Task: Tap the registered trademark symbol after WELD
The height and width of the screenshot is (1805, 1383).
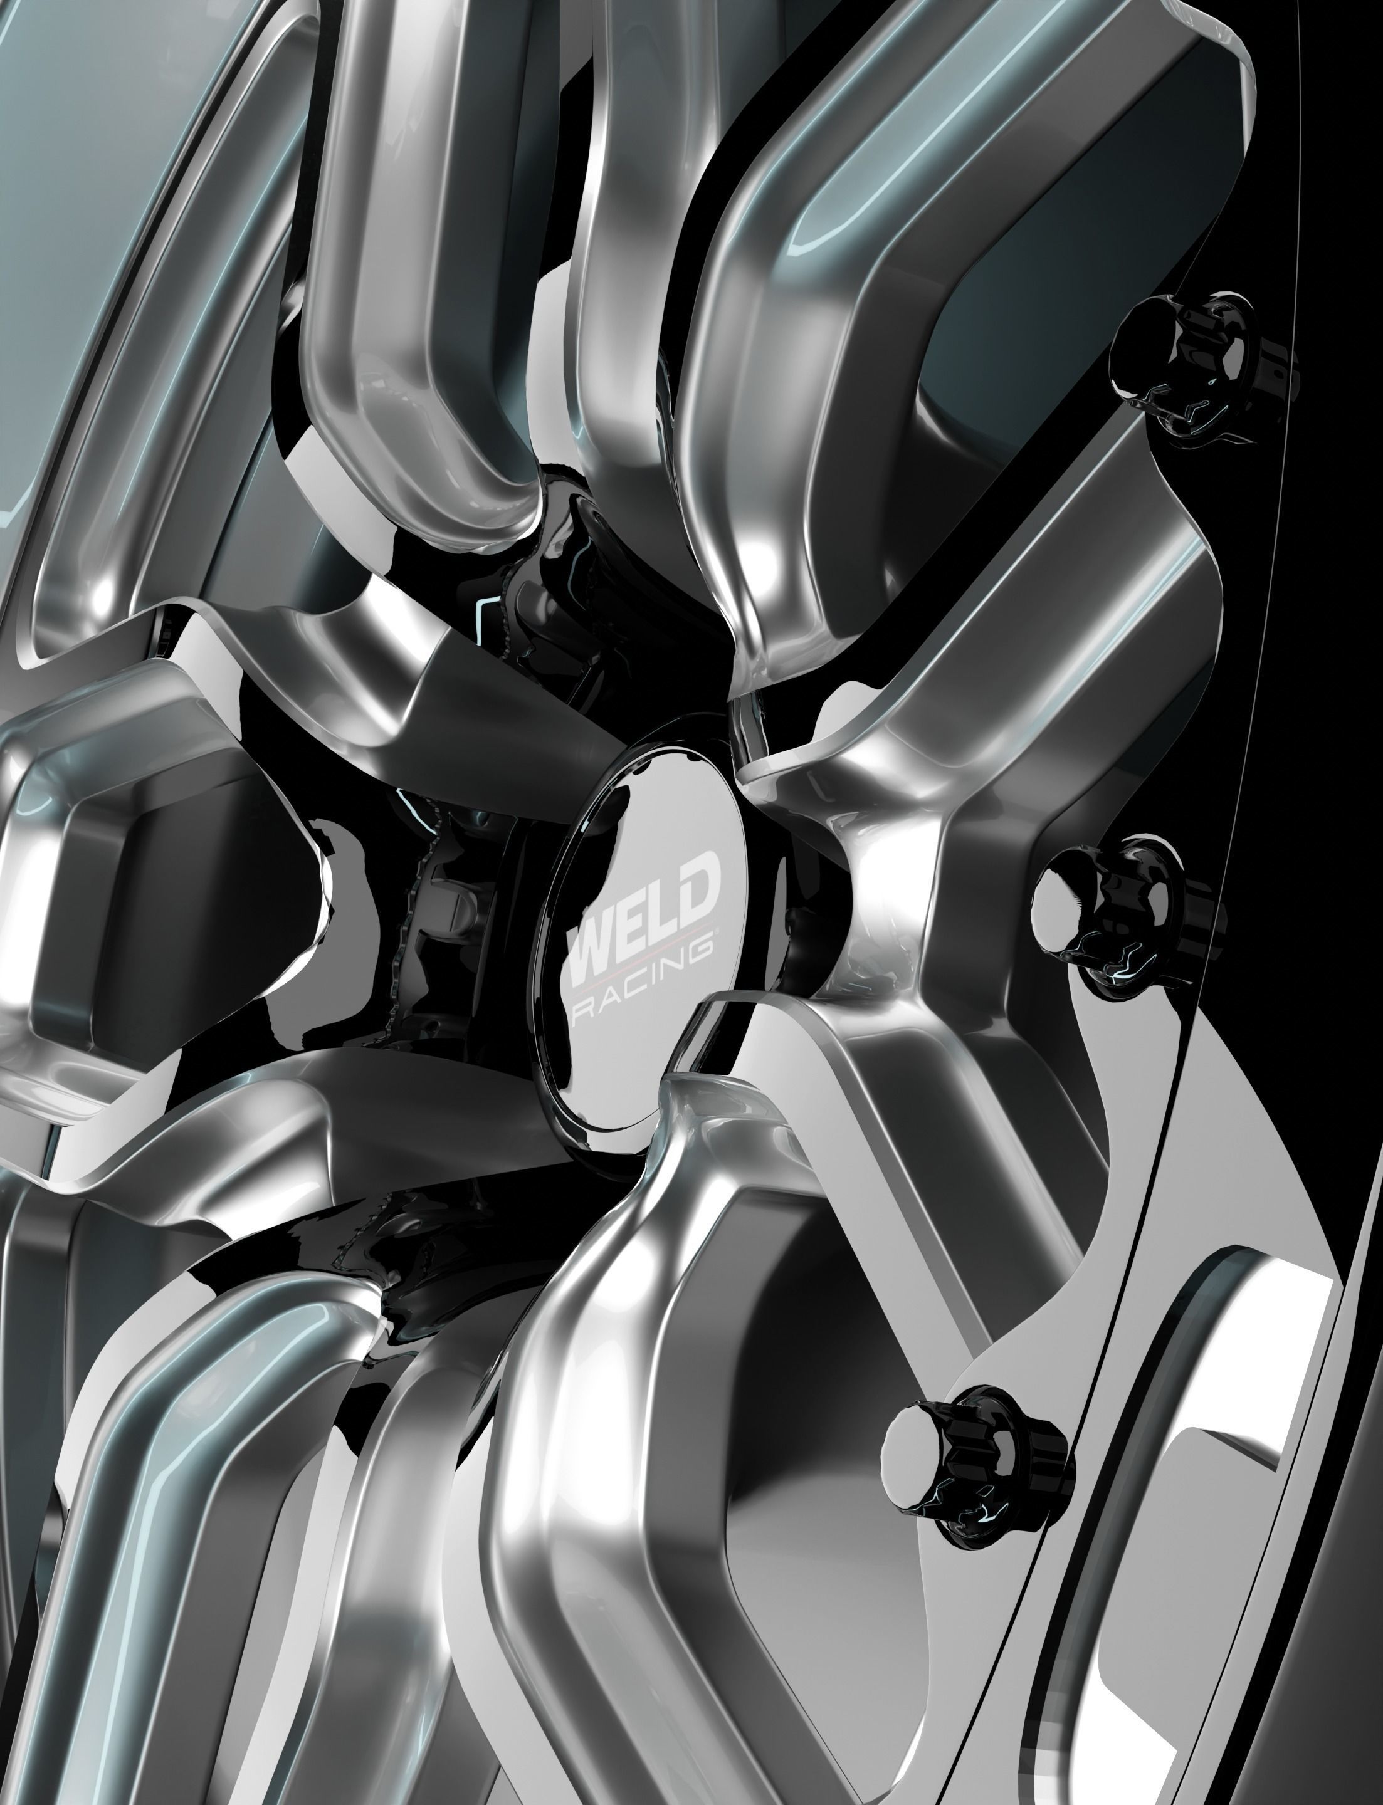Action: point(717,929)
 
